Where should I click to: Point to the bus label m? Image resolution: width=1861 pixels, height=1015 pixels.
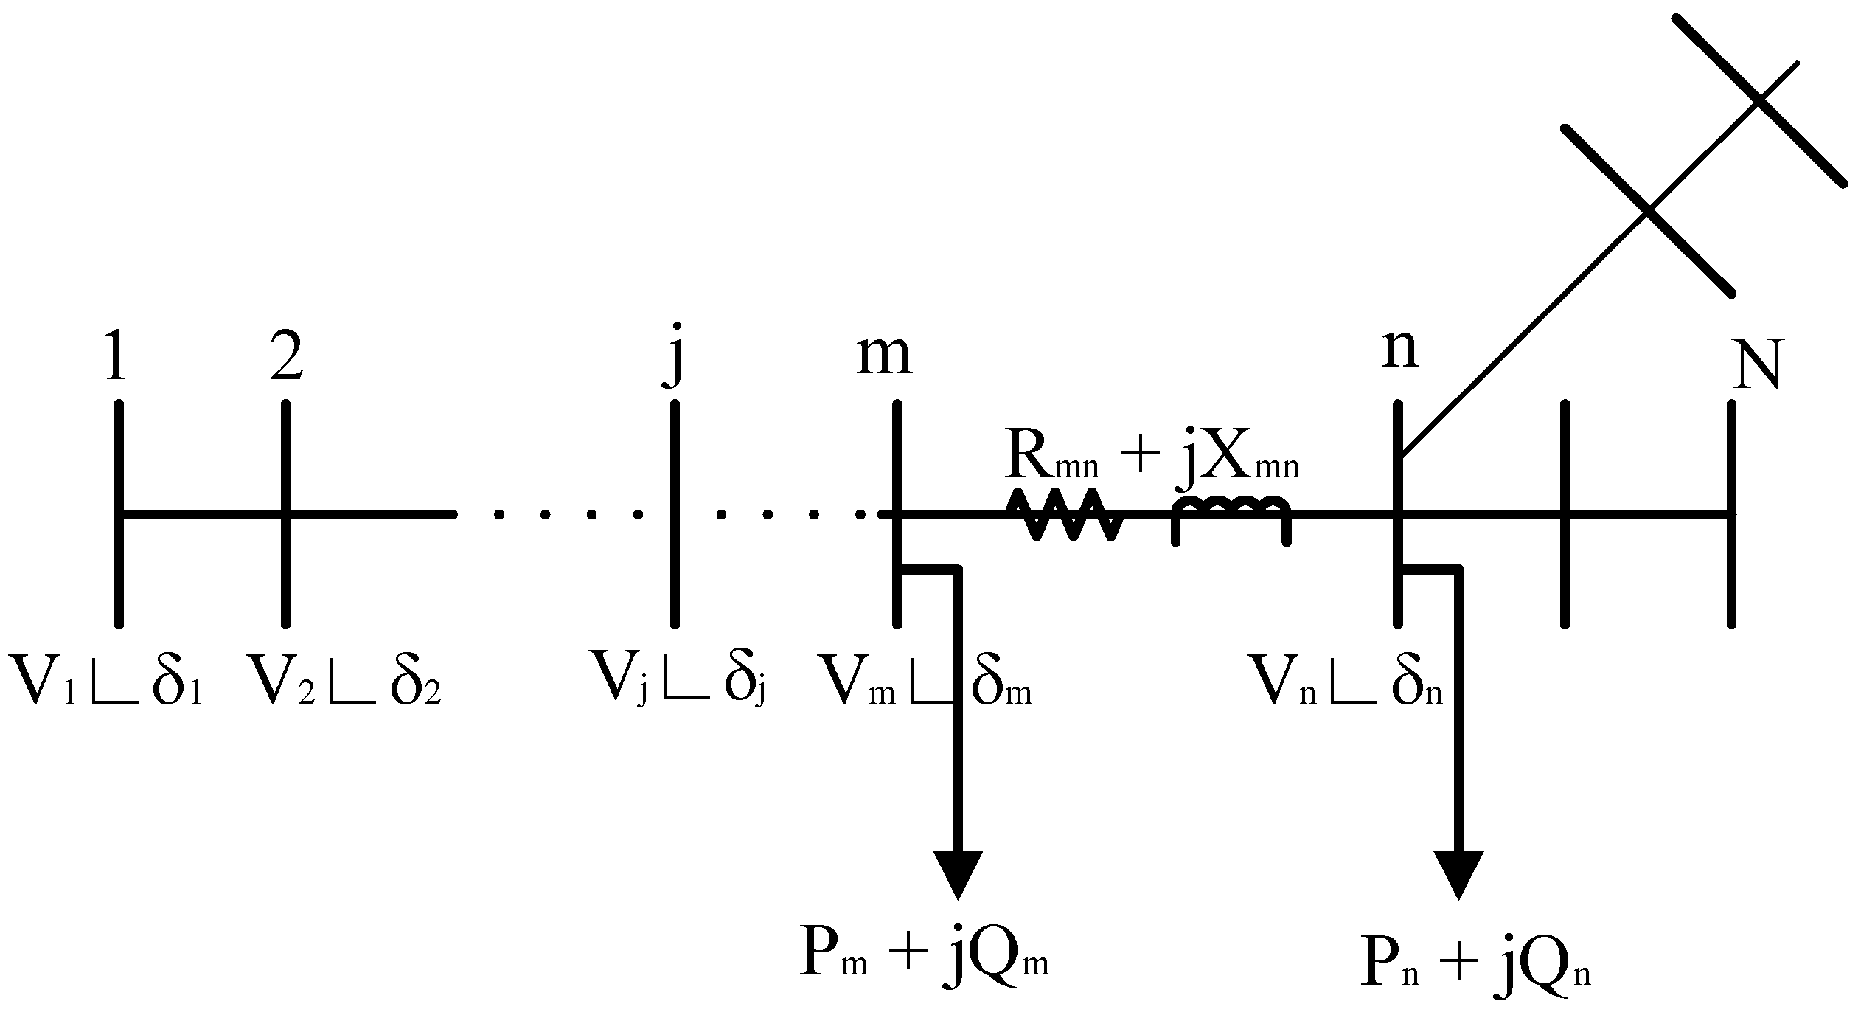884,357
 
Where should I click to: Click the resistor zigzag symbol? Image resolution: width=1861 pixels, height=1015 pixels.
1063,514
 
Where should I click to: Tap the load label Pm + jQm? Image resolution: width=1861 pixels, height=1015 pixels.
923,956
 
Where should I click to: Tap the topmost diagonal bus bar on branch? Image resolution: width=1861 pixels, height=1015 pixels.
1759,100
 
